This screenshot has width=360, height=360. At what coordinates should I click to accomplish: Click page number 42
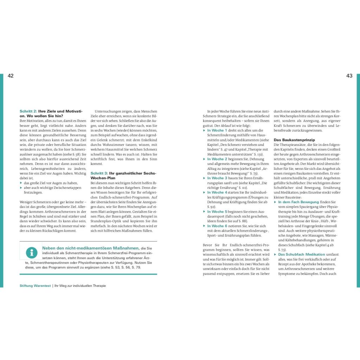(x=11, y=76)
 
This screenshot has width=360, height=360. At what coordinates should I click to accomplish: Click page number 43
(x=349, y=76)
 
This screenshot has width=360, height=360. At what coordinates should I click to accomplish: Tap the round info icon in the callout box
(x=32, y=252)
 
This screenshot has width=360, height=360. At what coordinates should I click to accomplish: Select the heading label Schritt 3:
(x=99, y=173)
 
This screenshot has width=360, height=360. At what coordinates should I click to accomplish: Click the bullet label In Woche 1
(x=217, y=130)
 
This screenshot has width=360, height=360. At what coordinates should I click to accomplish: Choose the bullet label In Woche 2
(x=217, y=159)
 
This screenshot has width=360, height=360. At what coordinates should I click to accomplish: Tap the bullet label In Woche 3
(x=217, y=178)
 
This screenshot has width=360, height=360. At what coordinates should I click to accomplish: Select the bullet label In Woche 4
(x=217, y=192)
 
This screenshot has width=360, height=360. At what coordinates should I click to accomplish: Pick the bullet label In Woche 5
(x=217, y=212)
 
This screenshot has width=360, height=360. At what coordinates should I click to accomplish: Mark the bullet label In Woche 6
(x=217, y=226)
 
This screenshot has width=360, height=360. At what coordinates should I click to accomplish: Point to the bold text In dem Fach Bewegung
(x=298, y=202)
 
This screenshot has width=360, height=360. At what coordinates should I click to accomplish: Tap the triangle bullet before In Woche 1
(x=204, y=130)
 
